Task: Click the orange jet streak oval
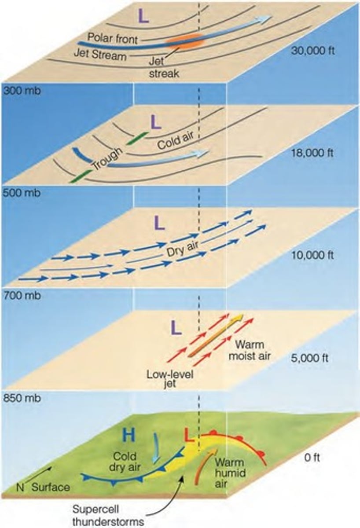click(185, 40)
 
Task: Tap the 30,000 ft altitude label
click(313, 50)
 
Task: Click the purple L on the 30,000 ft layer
click(144, 16)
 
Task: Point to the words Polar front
click(113, 38)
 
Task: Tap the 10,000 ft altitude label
click(313, 255)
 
